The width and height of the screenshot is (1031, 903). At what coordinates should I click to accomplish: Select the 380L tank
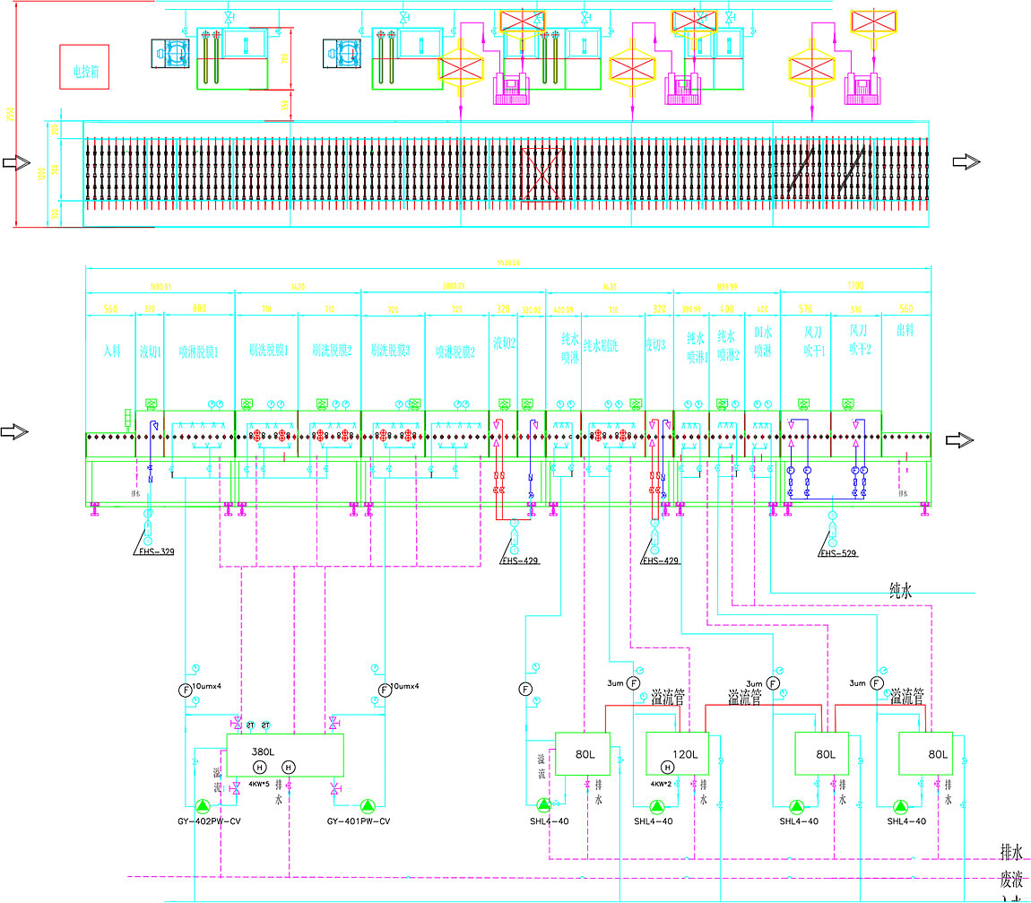point(284,754)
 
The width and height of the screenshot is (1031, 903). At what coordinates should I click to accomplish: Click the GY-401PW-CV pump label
point(359,821)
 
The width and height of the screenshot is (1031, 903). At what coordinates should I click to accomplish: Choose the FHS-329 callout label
point(156,552)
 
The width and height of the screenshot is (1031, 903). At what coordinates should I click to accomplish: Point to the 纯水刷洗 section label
point(612,345)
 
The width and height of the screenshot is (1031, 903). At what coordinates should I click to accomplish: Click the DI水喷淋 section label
point(763,344)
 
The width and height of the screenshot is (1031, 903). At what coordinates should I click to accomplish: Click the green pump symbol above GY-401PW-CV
point(368,805)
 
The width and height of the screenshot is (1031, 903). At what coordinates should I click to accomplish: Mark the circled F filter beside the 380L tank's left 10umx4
point(186,690)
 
